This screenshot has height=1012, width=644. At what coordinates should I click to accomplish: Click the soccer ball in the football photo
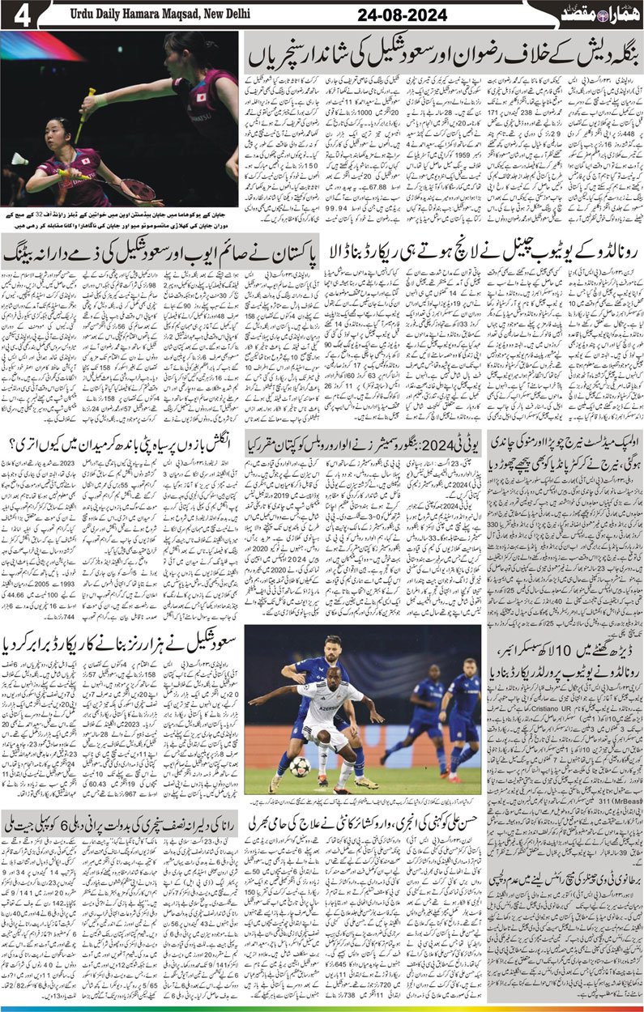point(300,765)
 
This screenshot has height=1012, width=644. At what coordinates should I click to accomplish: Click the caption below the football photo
point(364,801)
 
